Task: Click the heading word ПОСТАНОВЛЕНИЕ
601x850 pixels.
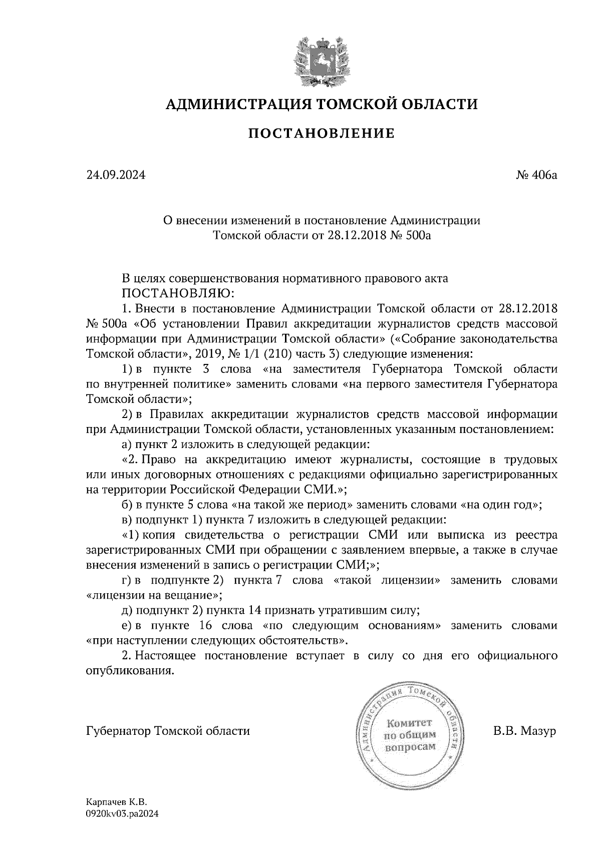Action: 321,133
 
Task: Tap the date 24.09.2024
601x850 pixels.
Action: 116,176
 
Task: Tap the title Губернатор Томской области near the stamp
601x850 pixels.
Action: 168,731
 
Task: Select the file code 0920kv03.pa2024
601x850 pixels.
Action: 123,814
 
